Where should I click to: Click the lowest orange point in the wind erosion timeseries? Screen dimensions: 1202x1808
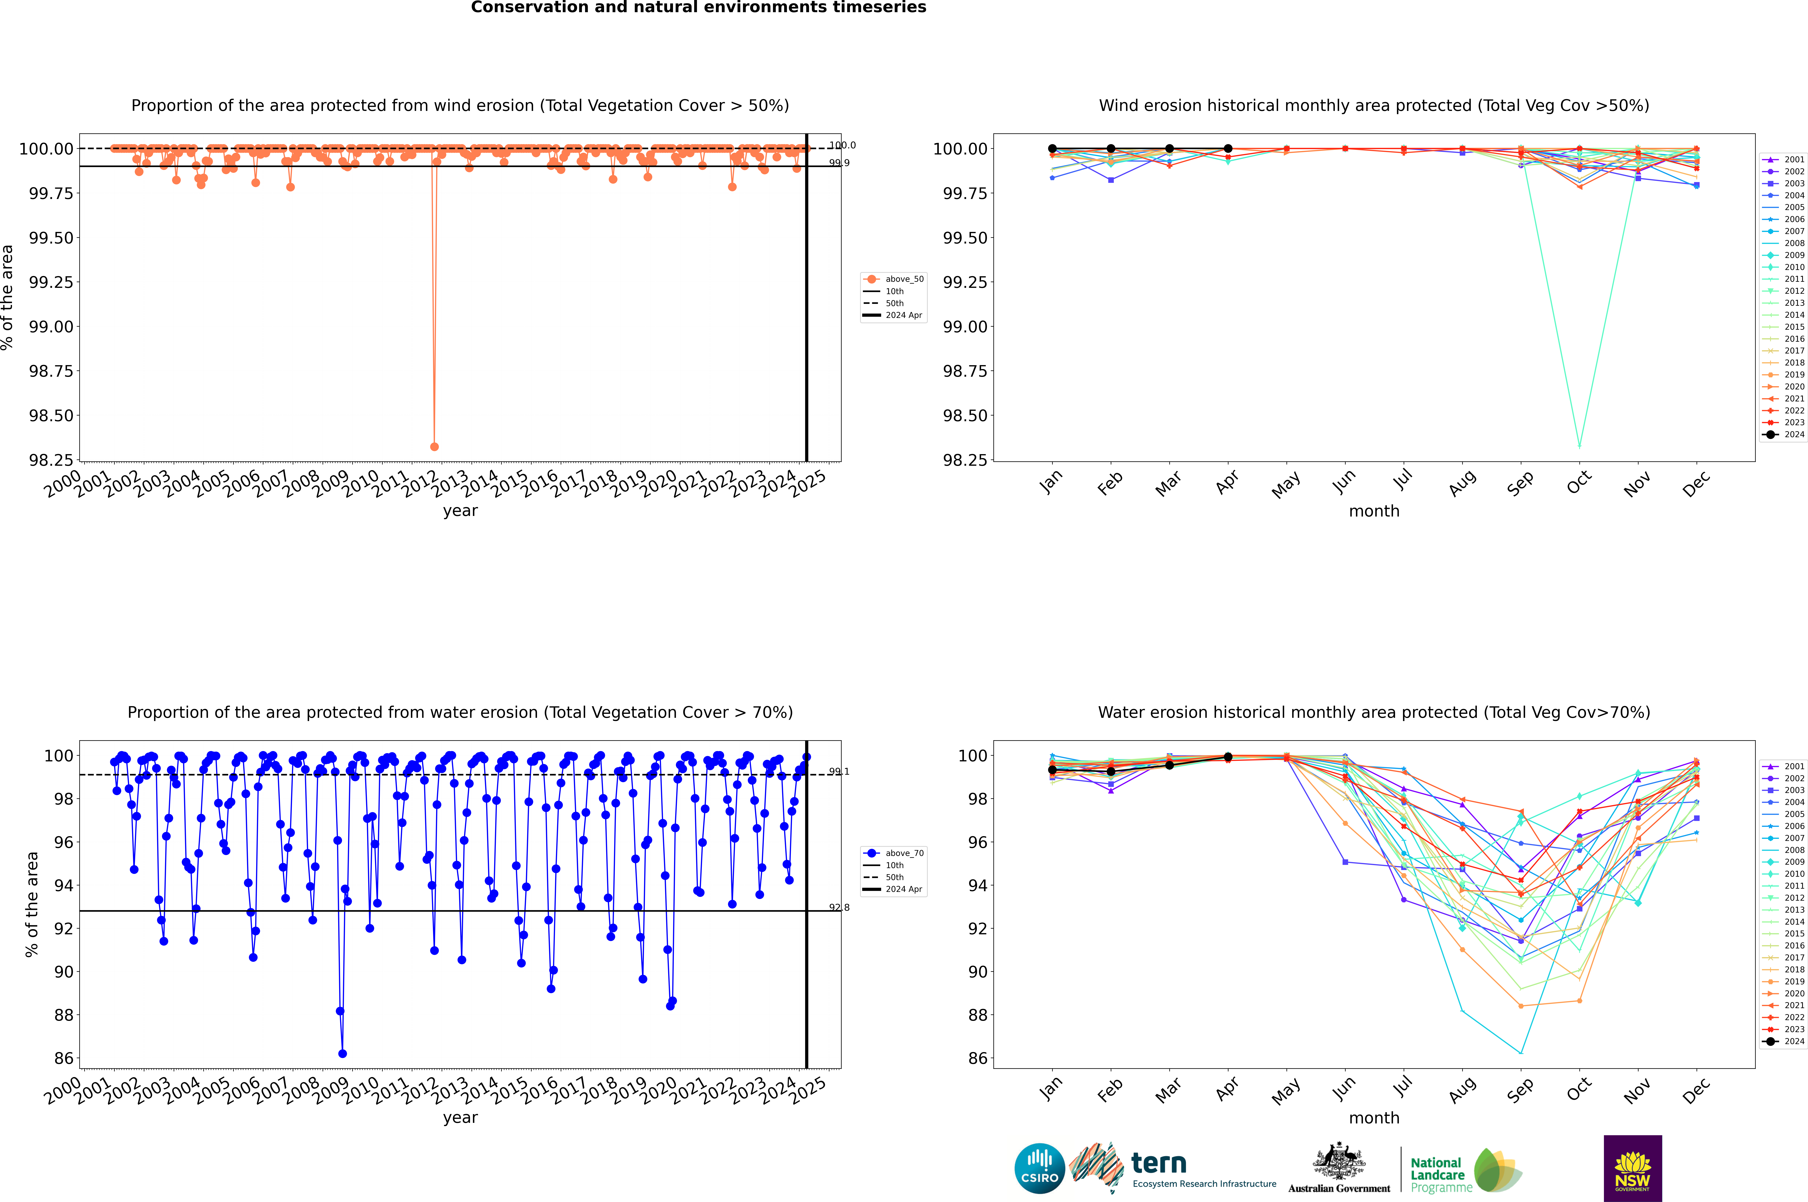(435, 446)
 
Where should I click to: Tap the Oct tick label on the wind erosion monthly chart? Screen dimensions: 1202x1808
(1579, 483)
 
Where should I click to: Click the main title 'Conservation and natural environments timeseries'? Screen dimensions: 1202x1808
(698, 8)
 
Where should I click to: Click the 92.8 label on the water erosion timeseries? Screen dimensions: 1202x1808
(838, 908)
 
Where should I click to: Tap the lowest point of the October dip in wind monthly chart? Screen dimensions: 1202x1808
(1579, 446)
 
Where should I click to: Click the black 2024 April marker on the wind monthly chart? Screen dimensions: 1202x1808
(1228, 149)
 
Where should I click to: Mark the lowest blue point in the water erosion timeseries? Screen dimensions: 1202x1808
(343, 1053)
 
